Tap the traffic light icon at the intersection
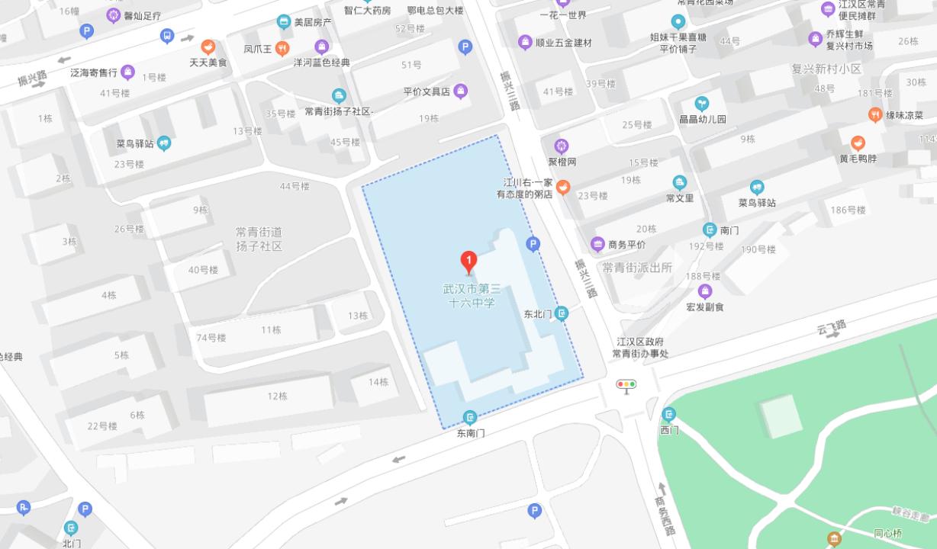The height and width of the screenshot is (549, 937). (626, 386)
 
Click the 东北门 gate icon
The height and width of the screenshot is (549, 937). (562, 313)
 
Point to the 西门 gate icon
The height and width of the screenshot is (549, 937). (669, 414)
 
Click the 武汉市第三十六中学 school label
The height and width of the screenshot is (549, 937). (472, 296)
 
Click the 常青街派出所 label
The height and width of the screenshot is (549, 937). (636, 268)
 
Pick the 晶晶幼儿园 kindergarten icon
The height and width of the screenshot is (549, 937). (701, 104)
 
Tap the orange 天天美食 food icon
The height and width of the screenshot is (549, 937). (208, 47)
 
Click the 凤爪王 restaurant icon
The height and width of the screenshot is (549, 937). (283, 48)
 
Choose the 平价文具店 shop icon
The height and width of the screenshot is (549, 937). (461, 91)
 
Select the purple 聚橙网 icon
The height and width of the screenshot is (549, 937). (562, 146)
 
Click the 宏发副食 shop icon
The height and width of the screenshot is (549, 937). (705, 291)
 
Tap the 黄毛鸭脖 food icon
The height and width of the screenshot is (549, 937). (858, 143)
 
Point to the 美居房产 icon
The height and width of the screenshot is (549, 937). (284, 22)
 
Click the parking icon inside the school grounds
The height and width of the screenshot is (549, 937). (533, 244)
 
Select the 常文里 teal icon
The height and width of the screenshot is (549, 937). (679, 182)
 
